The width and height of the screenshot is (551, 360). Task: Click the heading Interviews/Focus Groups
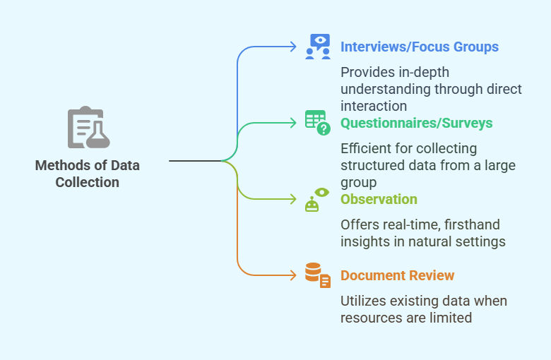[419, 47]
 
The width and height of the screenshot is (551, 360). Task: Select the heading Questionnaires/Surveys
[416, 124]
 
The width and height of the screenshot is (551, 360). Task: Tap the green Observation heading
[379, 200]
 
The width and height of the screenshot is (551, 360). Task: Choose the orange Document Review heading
[397, 276]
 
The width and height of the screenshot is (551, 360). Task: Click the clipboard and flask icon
[88, 128]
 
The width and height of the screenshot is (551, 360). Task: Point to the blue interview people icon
[318, 47]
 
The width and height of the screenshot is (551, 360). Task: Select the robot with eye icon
[317, 200]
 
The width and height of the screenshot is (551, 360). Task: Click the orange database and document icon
[318, 275]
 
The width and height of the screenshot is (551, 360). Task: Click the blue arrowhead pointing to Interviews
[293, 47]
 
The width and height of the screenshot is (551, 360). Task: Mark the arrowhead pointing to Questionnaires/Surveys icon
[293, 123]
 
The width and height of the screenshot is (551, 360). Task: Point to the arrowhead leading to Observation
[293, 199]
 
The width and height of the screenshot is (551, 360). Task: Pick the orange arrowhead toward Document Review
[293, 275]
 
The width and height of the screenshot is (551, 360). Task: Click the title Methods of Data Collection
[88, 174]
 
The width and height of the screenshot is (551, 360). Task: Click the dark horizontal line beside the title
[195, 161]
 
